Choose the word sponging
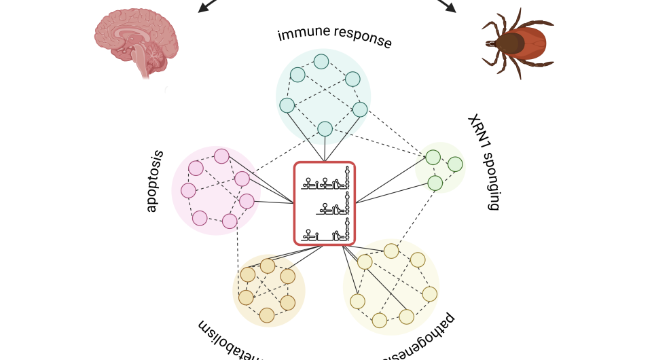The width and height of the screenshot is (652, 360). coord(491,182)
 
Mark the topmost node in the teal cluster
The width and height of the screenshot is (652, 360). coord(321,62)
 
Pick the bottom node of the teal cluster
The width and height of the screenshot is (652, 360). coord(325,128)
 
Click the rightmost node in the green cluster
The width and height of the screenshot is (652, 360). coord(455,164)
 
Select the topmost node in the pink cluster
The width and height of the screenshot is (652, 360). coord(221,156)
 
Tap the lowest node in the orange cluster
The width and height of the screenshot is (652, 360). coord(267,314)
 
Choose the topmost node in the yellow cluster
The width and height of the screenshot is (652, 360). coord(391,251)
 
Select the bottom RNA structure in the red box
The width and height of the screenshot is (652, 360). coord(327,232)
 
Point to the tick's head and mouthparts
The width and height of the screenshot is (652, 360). coord(490,43)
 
